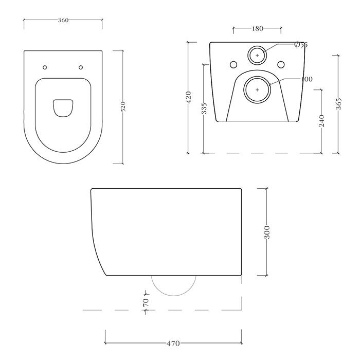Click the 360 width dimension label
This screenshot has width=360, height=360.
63,20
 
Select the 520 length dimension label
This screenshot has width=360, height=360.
123,107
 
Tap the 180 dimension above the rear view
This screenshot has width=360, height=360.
257,29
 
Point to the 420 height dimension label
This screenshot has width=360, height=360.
188,97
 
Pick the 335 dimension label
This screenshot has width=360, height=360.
204,109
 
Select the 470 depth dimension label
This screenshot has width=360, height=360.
173,344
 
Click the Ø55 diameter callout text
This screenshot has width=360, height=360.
300,45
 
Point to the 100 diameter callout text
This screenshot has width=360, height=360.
307,79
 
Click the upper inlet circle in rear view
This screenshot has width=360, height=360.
258,55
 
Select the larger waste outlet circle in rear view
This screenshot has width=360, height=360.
258,89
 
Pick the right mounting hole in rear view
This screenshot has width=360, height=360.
281,64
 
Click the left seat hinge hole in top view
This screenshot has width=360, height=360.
45,67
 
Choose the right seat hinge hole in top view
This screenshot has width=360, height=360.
81,67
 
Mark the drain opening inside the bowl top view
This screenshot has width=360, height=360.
63,106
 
